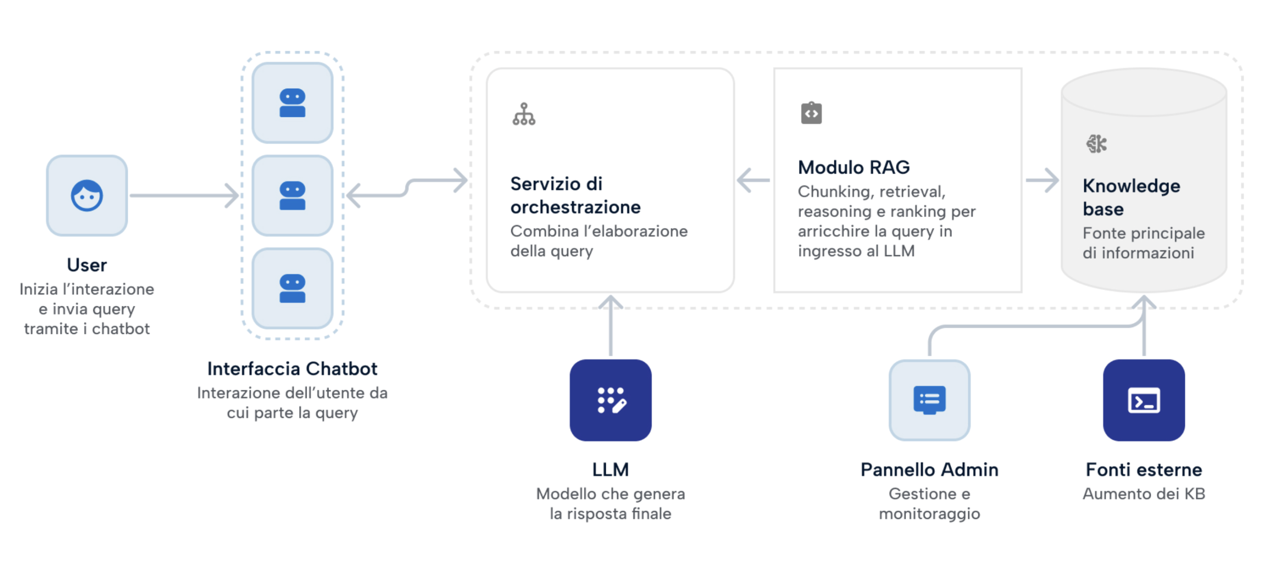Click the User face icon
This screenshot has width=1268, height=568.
pos(87,195)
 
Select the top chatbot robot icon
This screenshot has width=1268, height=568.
pos(292,103)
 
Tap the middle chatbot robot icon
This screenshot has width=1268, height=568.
pos(292,195)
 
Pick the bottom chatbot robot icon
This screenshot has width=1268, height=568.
pos(292,288)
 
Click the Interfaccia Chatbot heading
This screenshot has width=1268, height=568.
pos(292,369)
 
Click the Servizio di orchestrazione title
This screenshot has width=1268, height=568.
pos(575,195)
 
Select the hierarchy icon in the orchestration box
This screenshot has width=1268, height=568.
pos(524,114)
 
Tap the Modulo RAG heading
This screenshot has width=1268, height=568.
pos(853,167)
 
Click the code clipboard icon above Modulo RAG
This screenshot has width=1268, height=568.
pos(811,113)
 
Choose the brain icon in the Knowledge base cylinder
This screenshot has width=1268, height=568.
pos(1096,144)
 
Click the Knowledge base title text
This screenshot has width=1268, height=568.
pos(1131,197)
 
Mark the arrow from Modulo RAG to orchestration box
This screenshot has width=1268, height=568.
pos(753,180)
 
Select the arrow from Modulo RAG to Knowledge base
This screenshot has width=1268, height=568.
pos(1042,180)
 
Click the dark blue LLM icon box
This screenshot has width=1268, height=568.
pos(610,400)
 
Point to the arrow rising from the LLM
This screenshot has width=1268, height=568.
pos(610,326)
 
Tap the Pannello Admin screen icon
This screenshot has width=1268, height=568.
pos(929,400)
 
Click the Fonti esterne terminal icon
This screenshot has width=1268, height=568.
pos(1144,400)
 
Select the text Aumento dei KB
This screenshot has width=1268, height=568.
pos(1144,493)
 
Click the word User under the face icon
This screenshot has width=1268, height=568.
pos(87,265)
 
